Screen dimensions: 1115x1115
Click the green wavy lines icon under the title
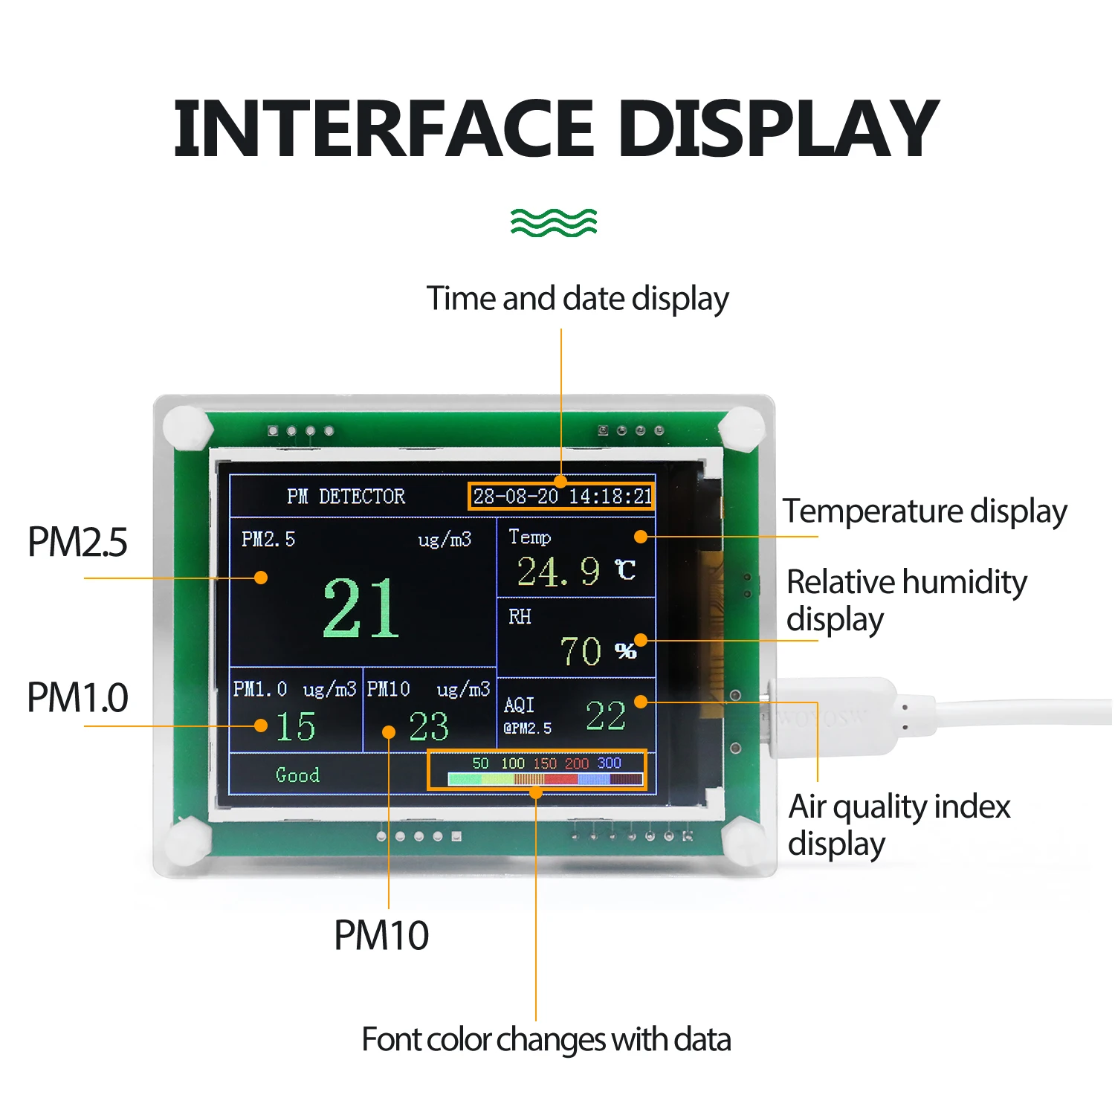[554, 222]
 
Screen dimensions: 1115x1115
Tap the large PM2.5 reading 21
[361, 609]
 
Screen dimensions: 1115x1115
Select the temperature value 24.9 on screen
[558, 572]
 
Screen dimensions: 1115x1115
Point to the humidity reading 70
[581, 651]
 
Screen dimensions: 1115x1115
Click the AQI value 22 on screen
[605, 716]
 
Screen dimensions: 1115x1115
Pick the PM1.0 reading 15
[295, 726]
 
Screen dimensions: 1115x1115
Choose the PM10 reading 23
[429, 726]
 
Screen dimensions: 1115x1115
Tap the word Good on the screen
[297, 775]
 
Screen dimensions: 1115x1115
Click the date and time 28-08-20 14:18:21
[562, 497]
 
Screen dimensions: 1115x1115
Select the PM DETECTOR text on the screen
[346, 497]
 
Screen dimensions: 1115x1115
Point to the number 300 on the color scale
[609, 763]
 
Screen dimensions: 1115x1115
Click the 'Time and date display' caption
[578, 299]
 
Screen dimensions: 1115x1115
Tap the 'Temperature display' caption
[925, 511]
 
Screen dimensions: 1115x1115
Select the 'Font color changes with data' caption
[546, 1040]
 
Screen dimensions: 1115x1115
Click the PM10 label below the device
[381, 935]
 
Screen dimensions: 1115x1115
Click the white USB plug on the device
[833, 717]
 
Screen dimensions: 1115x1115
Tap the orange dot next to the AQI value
[641, 701]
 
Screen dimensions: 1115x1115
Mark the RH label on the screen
[520, 617]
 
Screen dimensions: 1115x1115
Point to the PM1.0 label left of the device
[77, 697]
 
